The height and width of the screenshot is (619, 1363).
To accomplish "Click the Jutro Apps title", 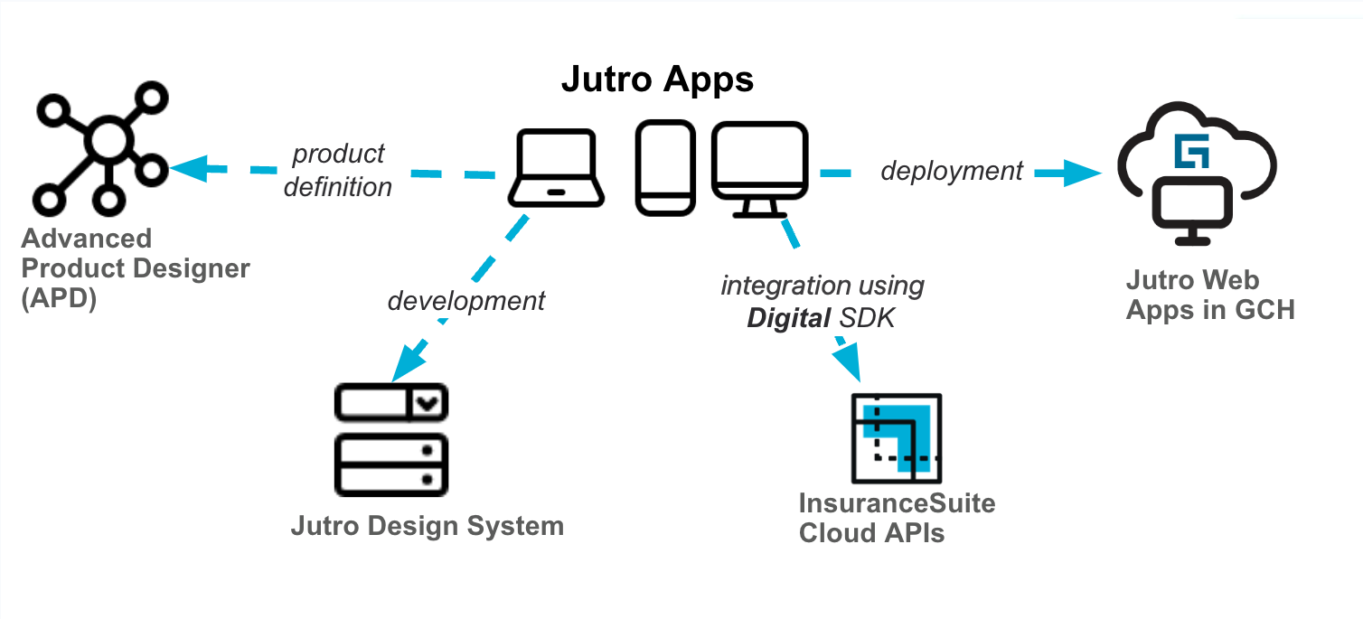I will coord(657,80).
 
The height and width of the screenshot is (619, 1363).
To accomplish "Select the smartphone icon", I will coord(665,169).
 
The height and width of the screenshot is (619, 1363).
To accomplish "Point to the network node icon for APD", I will coord(100,144).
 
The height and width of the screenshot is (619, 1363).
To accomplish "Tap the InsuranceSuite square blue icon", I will coord(897,437).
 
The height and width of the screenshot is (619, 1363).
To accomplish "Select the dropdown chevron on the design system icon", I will coord(429,403).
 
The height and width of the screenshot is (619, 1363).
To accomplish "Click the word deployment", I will coord(951,170).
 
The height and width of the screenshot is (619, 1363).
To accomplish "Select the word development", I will coord(466,300).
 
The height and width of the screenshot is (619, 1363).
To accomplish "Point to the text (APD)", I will coord(58,298).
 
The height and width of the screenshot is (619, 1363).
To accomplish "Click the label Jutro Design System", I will coord(427,526).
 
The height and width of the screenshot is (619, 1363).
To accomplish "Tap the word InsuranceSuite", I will coord(897,502).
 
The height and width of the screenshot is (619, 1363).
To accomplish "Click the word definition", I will coord(337,187).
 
